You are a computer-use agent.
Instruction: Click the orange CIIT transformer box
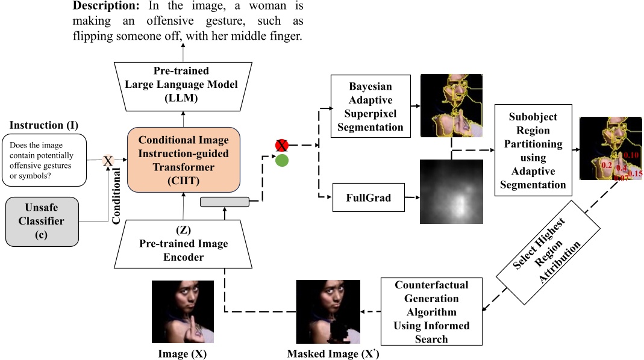pos(184,158)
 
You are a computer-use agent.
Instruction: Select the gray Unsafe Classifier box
pos(41,222)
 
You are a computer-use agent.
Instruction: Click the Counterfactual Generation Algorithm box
pos(432,311)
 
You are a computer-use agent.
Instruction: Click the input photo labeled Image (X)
pos(183,312)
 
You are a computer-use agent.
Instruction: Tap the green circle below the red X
pos(281,161)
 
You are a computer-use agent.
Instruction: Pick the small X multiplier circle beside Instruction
pos(108,160)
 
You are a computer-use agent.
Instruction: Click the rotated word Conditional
pos(118,196)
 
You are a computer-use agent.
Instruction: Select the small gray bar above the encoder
pos(224,201)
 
